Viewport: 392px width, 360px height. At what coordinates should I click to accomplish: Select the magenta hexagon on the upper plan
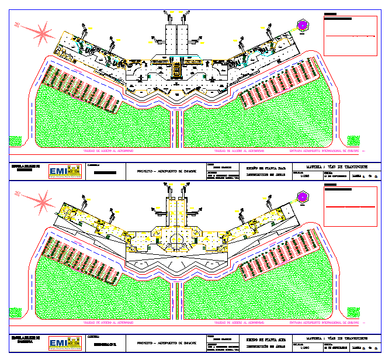point(303,25)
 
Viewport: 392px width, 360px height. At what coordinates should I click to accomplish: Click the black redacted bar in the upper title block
point(105,172)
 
